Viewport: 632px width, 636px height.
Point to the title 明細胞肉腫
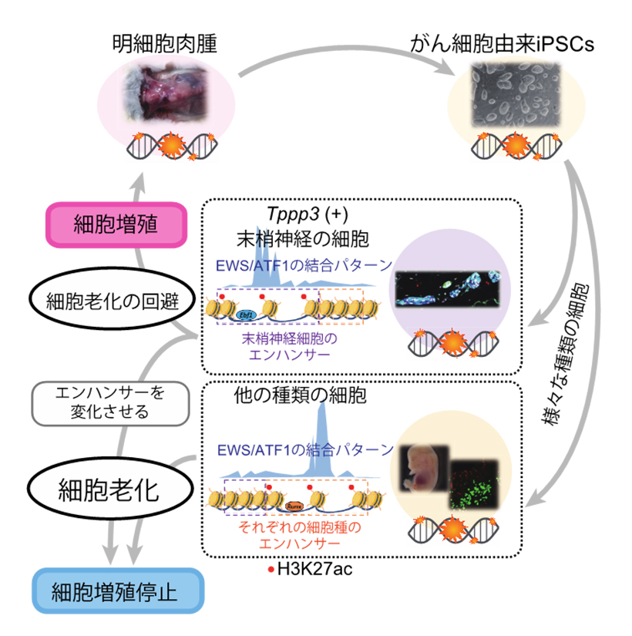tap(163, 44)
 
